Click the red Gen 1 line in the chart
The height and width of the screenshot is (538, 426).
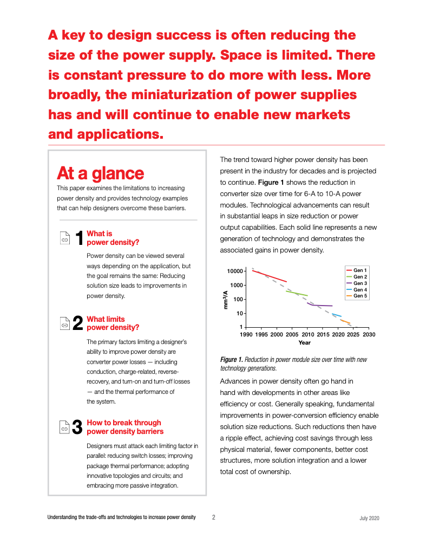click(270, 276)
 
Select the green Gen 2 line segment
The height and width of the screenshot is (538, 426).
click(297, 293)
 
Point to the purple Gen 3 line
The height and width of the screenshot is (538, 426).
click(319, 304)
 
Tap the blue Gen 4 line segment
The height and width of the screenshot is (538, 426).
click(337, 315)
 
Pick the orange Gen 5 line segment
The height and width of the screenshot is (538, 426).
click(345, 321)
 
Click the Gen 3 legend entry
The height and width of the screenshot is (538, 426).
click(356, 283)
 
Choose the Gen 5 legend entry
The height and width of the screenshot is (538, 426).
click(356, 296)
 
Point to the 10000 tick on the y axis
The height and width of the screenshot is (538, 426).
click(235, 271)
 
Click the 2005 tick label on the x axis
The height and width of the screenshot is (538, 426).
click(292, 334)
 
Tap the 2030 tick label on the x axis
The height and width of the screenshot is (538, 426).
click(369, 334)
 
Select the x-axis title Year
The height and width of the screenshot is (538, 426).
click(304, 343)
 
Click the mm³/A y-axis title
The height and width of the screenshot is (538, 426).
click(226, 300)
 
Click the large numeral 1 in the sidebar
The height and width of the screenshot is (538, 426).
click(79, 238)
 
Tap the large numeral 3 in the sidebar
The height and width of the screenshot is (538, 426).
click(77, 427)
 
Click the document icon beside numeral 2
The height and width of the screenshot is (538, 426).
click(65, 323)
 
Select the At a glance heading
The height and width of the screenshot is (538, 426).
click(101, 173)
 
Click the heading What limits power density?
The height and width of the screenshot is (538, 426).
click(113, 323)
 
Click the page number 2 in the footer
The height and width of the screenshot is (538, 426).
click(213, 517)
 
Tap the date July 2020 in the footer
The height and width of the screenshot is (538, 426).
click(369, 518)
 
